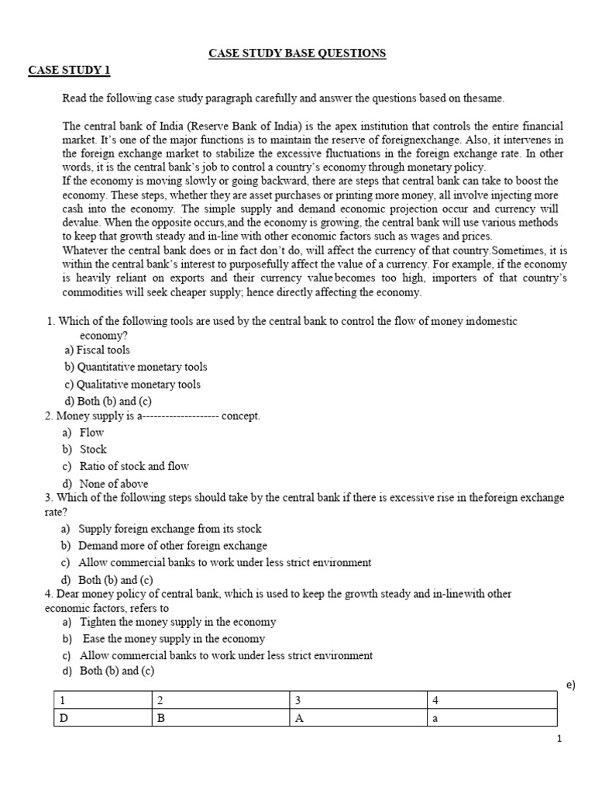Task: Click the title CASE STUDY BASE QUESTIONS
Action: point(297,53)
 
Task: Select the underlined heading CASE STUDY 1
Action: point(69,71)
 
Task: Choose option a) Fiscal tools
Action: point(98,350)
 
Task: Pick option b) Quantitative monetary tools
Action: point(136,367)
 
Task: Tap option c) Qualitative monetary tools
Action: point(132,384)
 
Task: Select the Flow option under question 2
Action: point(91,432)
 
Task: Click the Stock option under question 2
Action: point(93,449)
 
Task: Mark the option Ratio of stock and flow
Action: point(134,466)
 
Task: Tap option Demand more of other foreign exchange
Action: point(173,545)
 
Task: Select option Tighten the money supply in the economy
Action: point(177,622)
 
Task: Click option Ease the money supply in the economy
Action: point(174,639)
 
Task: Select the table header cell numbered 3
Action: point(298,701)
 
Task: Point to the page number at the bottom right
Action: point(559,739)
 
